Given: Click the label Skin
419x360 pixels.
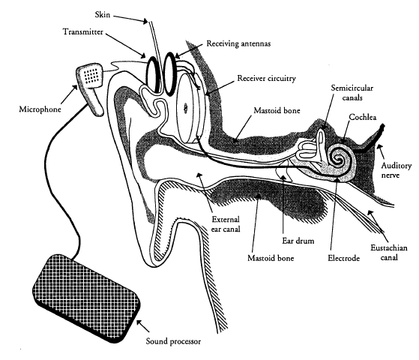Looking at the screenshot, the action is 103,14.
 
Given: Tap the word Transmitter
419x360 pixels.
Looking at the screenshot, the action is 83,31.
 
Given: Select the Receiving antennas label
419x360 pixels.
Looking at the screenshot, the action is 238,43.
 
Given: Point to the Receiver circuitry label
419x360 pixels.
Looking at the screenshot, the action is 266,78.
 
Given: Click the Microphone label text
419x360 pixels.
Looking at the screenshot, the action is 40,109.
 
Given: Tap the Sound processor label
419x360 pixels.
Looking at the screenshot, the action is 173,341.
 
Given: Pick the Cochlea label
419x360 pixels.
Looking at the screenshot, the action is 363,117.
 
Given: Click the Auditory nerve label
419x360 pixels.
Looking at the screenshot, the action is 396,170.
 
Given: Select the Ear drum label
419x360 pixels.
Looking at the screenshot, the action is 298,241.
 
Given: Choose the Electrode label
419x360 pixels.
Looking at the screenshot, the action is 343,258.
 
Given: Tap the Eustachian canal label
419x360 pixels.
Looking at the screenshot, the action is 389,253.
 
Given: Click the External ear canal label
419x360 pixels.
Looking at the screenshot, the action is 226,224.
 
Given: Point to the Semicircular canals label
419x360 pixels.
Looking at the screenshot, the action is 352,92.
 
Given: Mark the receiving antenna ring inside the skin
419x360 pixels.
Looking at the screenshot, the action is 169,73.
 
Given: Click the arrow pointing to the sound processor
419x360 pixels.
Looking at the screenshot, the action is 143,325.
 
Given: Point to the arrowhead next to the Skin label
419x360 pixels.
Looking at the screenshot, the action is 145,22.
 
